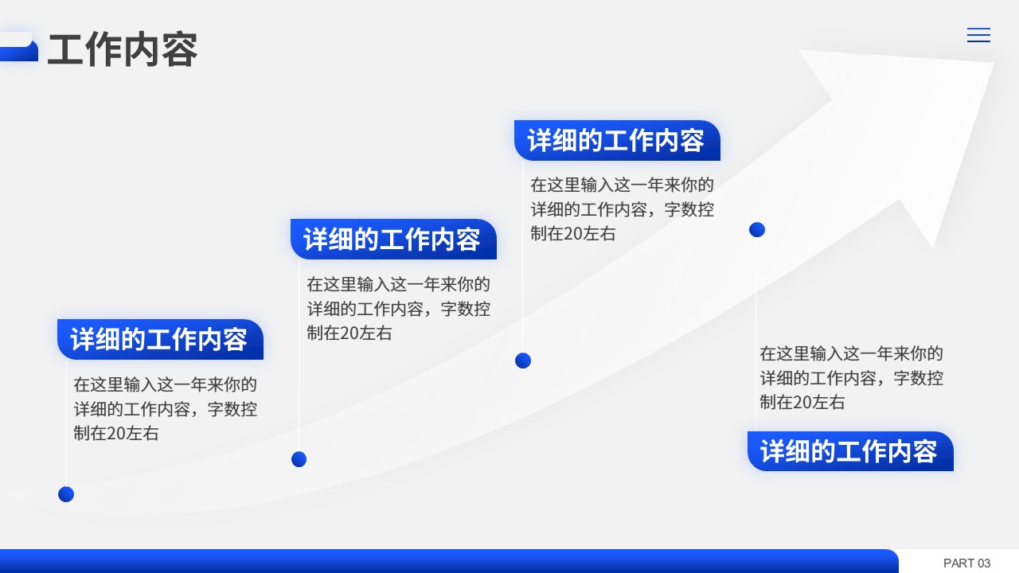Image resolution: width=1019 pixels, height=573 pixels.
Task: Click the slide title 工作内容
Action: point(123,49)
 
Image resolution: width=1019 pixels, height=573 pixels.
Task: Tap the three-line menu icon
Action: point(978,35)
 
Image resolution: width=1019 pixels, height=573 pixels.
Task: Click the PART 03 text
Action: point(966,563)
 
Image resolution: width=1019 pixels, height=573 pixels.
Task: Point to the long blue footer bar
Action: point(449,561)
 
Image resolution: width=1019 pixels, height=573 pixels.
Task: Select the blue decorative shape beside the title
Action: point(18,47)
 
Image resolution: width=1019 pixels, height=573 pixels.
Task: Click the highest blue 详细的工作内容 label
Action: point(617,140)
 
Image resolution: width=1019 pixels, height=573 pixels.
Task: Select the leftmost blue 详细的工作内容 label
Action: point(160,339)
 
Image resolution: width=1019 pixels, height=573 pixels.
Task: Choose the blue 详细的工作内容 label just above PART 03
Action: point(850,451)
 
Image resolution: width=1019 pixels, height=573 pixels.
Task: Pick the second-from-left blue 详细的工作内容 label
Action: point(393,240)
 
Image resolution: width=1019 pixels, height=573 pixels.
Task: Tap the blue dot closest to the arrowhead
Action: point(757,230)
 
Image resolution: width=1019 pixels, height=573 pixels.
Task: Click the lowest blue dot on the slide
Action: point(66,494)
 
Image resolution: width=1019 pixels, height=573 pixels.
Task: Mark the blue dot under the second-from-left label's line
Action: point(299,459)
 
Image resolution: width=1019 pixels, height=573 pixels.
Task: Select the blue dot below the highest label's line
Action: point(523,361)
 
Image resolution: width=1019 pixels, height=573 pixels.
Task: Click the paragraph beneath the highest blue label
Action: point(622,209)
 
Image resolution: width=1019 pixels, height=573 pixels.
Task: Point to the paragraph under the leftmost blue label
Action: point(165,409)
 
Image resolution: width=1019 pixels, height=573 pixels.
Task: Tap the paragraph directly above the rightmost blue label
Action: point(851,378)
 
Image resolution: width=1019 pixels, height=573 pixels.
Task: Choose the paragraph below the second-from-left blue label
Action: point(398,309)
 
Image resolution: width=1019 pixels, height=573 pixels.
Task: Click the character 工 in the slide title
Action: point(65,50)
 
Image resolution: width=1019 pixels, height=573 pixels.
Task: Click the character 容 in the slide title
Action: point(180,50)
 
